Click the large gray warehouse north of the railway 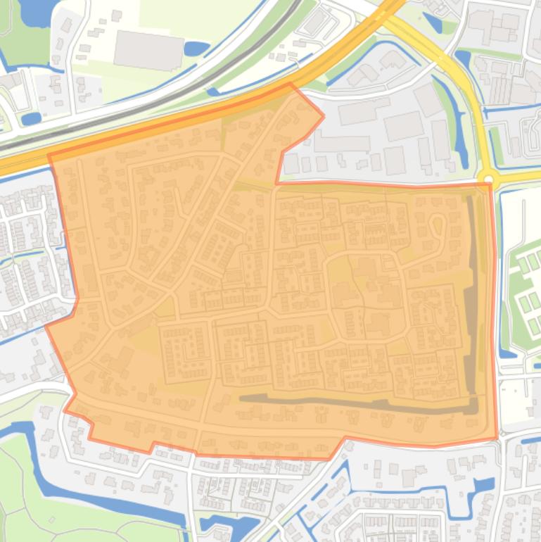coord(148,51)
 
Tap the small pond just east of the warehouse coord(196,49)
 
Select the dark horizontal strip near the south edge coord(352,402)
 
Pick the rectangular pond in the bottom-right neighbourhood coord(483,485)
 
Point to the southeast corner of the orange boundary coord(497,437)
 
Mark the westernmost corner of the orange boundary coord(46,326)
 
